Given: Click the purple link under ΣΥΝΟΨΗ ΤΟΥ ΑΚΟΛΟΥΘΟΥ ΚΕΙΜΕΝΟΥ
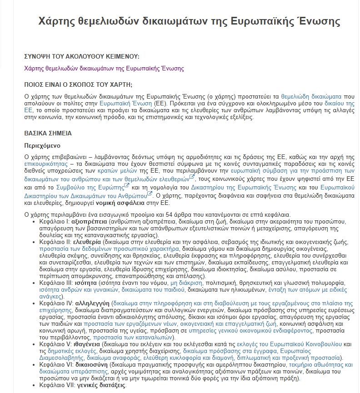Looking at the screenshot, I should coord(104,69).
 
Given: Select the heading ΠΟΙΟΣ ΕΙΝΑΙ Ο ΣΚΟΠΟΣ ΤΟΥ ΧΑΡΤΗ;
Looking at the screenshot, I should coord(78,85).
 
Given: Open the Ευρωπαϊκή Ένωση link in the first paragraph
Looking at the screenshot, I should coord(126,104).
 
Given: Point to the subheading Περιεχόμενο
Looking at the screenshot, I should coord(42,146).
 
